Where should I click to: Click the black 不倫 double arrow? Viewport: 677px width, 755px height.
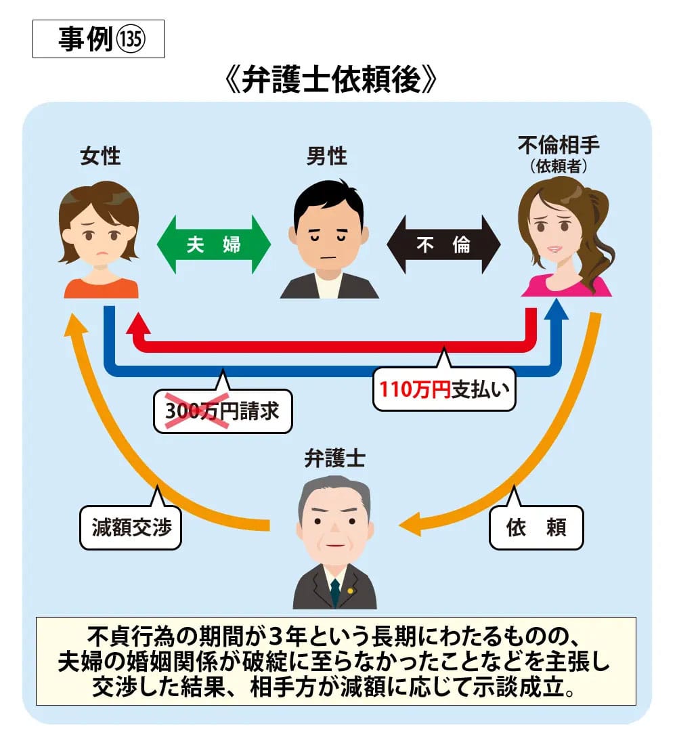tap(443, 244)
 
